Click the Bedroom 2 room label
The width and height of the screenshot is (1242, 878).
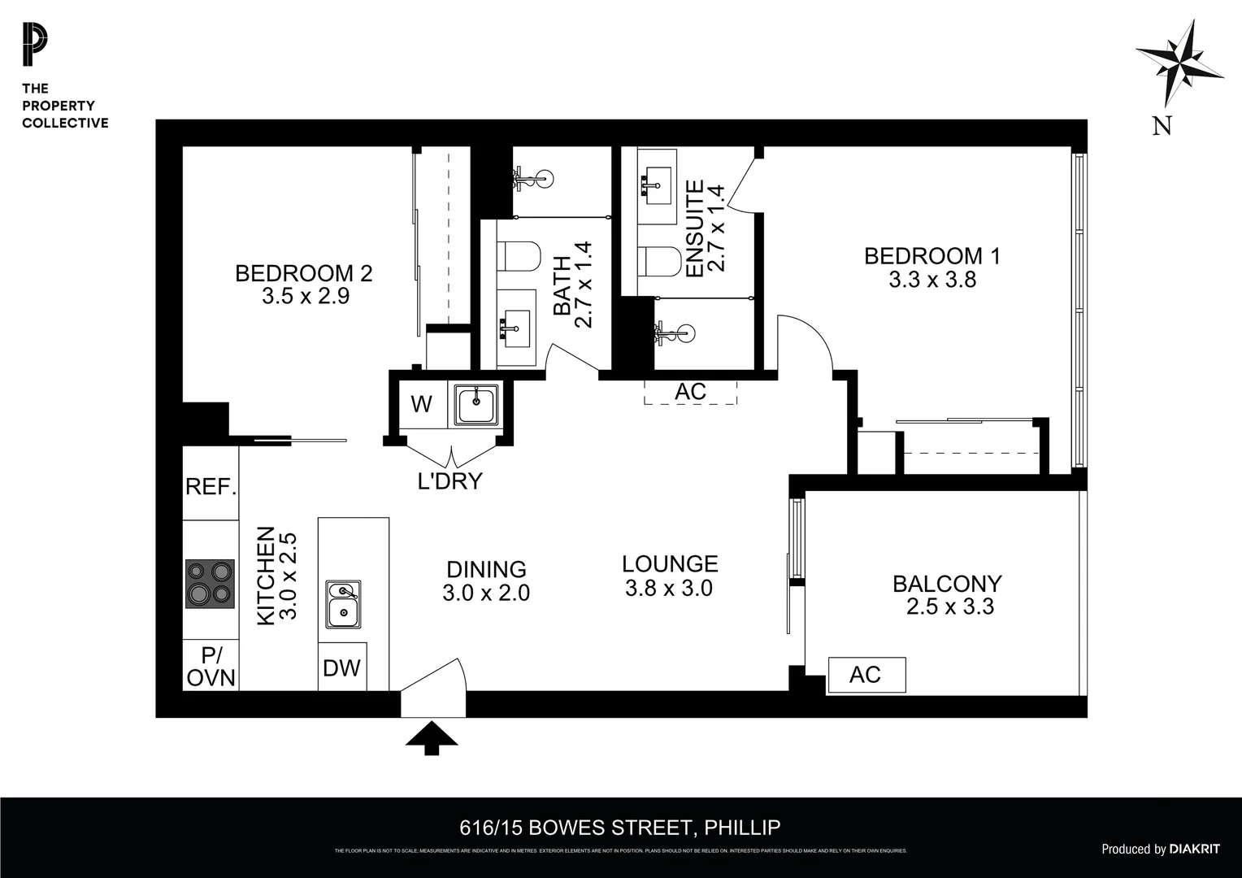coord(303,273)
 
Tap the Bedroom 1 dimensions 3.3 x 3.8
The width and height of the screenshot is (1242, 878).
coord(931,280)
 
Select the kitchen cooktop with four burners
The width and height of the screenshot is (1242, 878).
coord(210,584)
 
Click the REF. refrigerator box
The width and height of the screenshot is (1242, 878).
coord(211,487)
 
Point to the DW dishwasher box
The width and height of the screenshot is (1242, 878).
coord(341,668)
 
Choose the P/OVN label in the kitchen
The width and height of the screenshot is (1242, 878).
coord(211,667)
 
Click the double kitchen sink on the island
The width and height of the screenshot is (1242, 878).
coord(343,604)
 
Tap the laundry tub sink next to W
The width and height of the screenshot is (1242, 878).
coord(476,404)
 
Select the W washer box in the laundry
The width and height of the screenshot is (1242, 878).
coord(421,404)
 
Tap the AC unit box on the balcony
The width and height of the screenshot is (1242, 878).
coord(866,675)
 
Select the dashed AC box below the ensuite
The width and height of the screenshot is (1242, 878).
coord(690,392)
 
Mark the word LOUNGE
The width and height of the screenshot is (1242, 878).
coord(670,563)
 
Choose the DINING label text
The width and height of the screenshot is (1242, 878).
coord(486,569)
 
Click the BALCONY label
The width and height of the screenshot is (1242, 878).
coord(947,584)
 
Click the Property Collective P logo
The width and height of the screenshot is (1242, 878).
coord(35,46)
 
